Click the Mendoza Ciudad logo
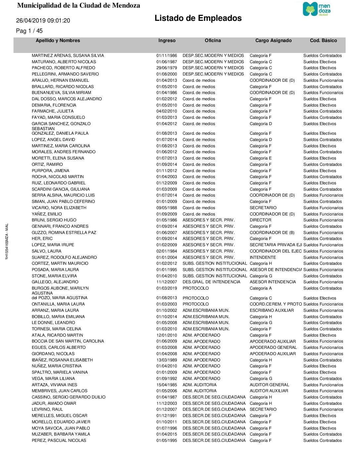point(317,9)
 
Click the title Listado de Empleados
point(198,18)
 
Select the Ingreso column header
point(167,40)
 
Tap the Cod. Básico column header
point(323,40)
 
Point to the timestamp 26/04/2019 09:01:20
point(43,21)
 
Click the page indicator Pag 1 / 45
point(29,31)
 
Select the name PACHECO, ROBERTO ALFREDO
point(63,68)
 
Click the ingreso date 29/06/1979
point(166,68)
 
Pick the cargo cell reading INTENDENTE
point(263,257)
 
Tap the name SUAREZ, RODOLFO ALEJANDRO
point(64,257)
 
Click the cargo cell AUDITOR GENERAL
point(269,385)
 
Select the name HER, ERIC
point(42,239)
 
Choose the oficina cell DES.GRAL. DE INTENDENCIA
point(211,282)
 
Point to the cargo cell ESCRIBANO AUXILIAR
point(272,310)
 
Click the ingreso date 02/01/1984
point(166,251)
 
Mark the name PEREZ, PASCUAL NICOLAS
point(59,441)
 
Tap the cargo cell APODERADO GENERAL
point(273,348)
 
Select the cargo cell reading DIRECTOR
point(260,220)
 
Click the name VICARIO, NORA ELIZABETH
point(59,208)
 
